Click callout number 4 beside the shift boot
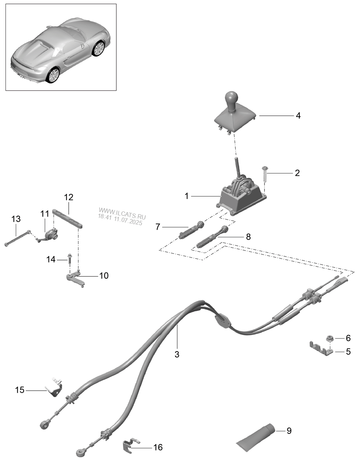(x=298, y=116)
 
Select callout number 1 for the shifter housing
(x=187, y=196)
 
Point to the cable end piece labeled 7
(x=192, y=230)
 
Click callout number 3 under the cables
(x=177, y=354)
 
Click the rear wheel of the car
(x=54, y=75)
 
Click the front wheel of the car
(x=98, y=49)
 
